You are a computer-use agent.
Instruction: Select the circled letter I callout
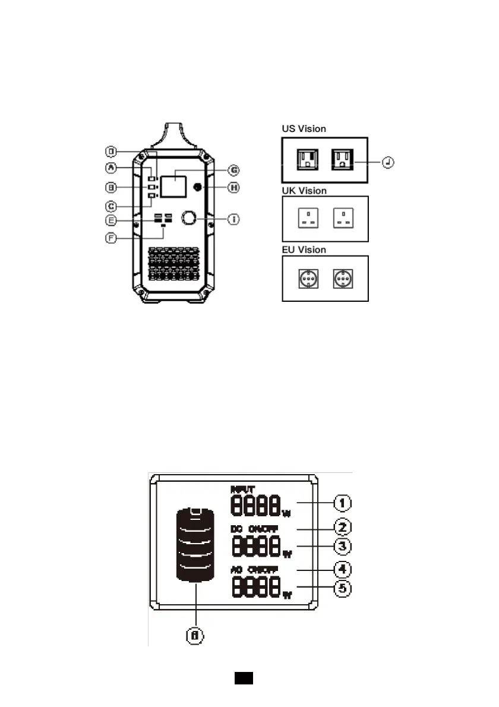click(235, 219)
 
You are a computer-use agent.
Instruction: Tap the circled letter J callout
click(389, 162)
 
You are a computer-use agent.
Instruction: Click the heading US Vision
click(304, 128)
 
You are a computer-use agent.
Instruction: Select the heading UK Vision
click(304, 191)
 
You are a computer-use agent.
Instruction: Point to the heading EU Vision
click(304, 250)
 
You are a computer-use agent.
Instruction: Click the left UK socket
click(307, 219)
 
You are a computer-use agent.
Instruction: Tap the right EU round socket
click(342, 278)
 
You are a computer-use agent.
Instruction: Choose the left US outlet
click(308, 159)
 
